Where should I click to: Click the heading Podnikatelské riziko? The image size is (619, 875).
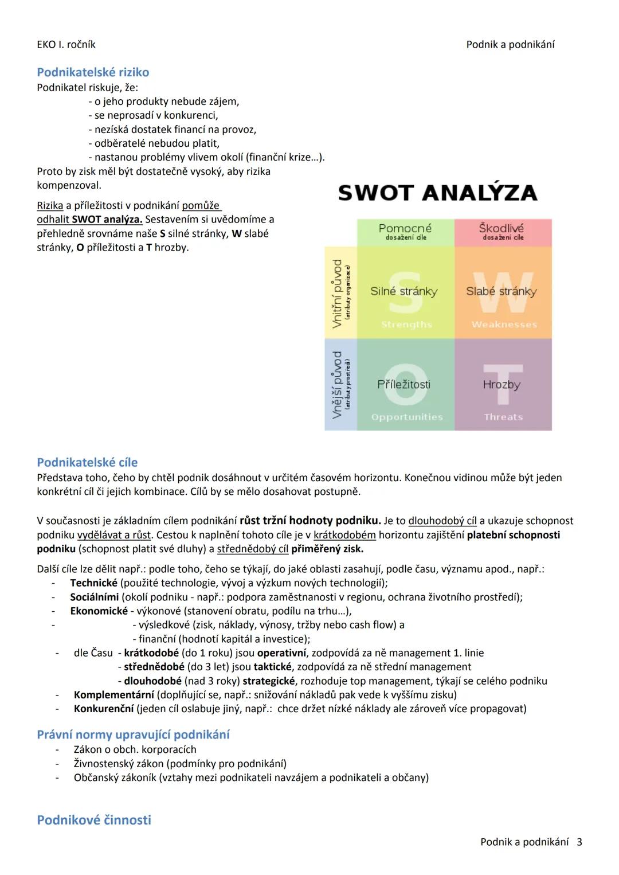tap(93, 72)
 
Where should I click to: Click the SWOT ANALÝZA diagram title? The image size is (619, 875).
tap(437, 193)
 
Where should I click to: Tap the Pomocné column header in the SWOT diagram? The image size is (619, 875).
tap(405, 229)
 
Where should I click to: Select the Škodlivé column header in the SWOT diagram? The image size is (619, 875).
tap(502, 229)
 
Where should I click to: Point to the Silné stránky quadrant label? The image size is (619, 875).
tap(403, 291)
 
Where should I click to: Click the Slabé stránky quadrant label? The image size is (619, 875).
tap(502, 291)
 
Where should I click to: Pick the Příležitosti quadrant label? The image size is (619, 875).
tap(403, 384)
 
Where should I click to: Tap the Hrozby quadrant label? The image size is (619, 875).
tap(502, 384)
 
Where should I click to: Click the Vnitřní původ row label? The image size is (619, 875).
tap(338, 293)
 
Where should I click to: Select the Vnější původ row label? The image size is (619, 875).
tap(338, 384)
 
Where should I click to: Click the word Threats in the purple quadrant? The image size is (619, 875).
tap(503, 417)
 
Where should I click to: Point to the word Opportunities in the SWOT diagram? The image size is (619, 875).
tap(407, 417)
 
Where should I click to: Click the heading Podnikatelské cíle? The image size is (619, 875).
tap(87, 462)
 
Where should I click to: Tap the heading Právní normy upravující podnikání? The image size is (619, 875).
tap(133, 735)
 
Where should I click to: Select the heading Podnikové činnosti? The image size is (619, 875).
tap(94, 820)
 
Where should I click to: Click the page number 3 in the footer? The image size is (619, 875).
tap(579, 842)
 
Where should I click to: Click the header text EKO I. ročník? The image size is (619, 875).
tap(66, 44)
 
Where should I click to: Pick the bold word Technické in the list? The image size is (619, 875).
tap(93, 583)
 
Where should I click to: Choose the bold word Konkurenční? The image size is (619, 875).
tap(104, 709)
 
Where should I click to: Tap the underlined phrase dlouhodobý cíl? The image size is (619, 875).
tap(442, 521)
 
